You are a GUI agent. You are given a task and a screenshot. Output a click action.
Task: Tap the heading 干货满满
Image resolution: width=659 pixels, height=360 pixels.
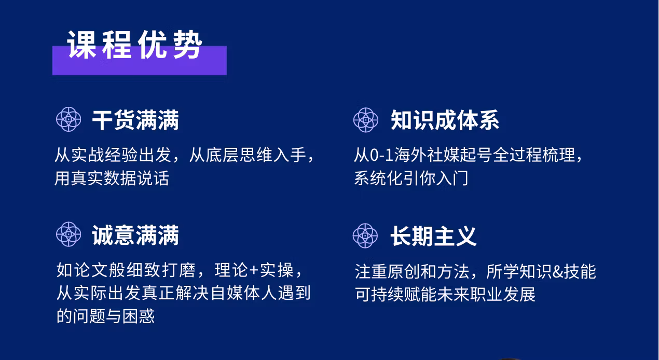tap(135, 120)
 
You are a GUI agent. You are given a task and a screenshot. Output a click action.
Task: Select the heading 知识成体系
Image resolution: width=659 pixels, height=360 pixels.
tap(444, 120)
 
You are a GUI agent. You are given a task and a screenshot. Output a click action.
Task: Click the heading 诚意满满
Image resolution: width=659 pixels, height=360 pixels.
tap(135, 236)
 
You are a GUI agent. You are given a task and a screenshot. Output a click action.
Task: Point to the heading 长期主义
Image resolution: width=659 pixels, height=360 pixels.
tap(433, 236)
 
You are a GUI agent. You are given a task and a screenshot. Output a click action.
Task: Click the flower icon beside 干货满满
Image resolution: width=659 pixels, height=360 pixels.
tap(68, 120)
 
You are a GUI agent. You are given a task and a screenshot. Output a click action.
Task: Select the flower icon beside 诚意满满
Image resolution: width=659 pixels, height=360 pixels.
tap(68, 234)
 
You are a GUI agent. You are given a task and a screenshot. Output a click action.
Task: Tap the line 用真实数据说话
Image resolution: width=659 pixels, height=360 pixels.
tap(112, 178)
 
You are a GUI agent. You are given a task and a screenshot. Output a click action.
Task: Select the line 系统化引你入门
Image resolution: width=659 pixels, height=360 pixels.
tap(411, 178)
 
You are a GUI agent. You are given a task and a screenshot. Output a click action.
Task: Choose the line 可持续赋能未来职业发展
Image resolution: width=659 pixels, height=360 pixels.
tap(445, 294)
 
